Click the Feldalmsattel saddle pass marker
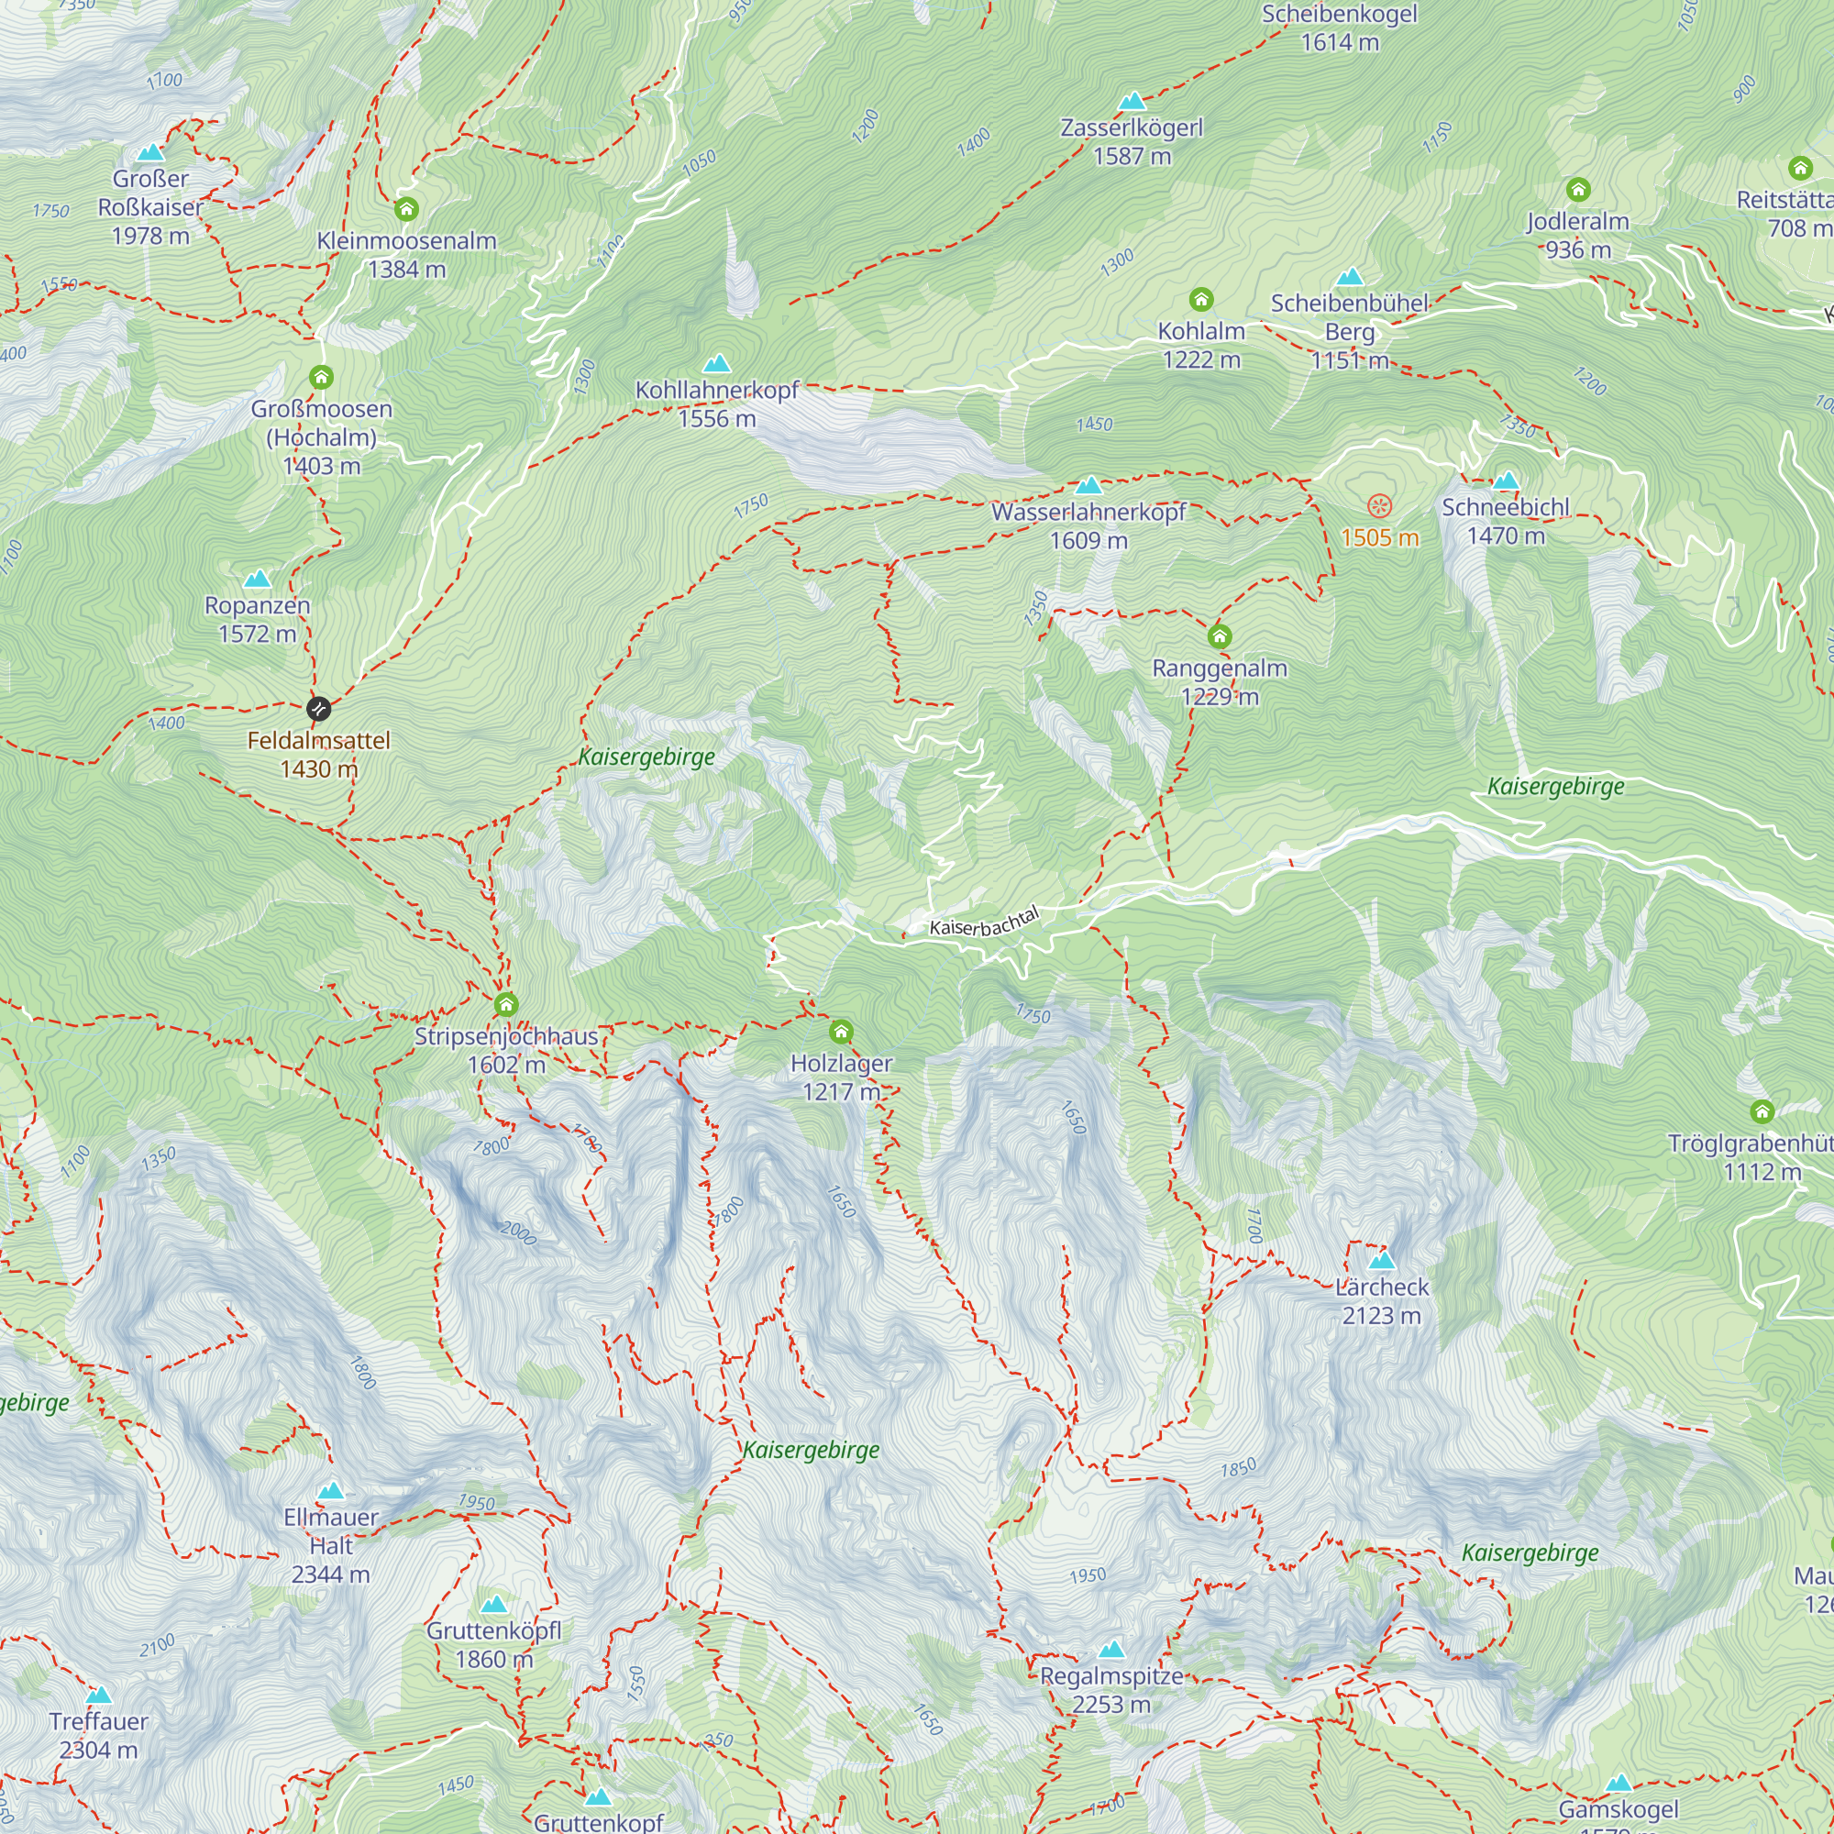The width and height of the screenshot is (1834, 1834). [319, 708]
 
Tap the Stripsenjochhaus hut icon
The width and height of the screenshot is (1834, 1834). [506, 1004]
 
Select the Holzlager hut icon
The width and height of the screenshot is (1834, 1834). [841, 1032]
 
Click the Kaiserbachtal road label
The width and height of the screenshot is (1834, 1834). [984, 921]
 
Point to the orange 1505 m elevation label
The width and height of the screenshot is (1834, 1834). [1379, 538]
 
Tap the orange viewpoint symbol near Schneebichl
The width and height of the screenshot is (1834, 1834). [1379, 506]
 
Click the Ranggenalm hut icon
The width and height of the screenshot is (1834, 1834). [1220, 636]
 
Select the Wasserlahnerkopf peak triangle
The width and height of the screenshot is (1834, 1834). [1088, 486]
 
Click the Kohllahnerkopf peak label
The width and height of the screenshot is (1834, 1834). [717, 404]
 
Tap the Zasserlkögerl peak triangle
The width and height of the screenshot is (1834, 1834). [1132, 102]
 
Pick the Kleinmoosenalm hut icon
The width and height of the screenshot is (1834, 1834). [406, 209]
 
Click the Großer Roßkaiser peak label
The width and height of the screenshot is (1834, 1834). [150, 207]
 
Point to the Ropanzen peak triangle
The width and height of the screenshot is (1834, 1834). [258, 579]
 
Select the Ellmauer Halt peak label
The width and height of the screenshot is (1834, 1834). [330, 1545]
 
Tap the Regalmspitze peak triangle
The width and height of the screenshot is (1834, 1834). [1111, 1649]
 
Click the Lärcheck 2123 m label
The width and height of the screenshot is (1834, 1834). [1381, 1301]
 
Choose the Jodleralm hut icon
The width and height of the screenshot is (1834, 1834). [1577, 190]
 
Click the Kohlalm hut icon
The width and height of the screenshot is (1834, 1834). [1201, 300]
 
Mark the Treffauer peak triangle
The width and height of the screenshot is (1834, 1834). [99, 1696]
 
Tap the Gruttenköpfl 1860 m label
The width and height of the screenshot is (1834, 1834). [493, 1645]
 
